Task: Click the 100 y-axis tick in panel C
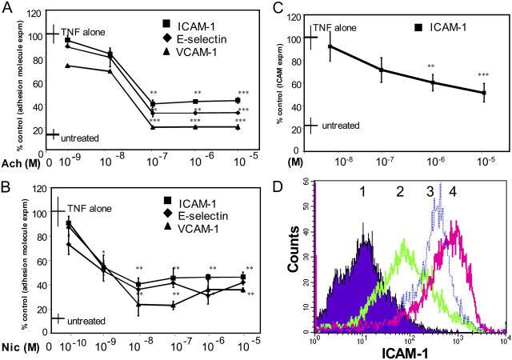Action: click(290, 38)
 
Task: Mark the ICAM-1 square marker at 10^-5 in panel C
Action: click(482, 93)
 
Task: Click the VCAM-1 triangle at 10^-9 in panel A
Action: click(67, 66)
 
